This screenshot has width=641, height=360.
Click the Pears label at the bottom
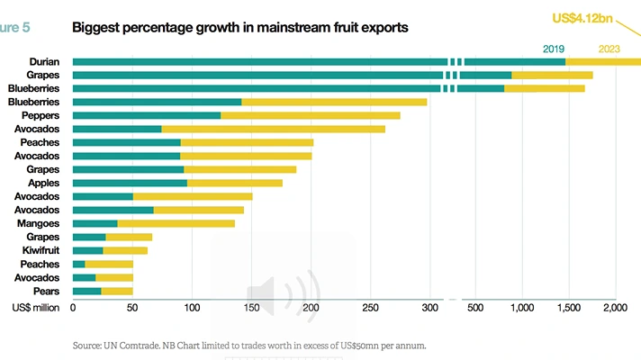(x=48, y=291)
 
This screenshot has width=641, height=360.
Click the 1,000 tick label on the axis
(x=522, y=308)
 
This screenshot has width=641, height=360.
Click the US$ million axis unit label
(x=36, y=308)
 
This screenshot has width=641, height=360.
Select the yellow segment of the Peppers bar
(x=311, y=115)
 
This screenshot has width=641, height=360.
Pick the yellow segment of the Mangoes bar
(x=176, y=223)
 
